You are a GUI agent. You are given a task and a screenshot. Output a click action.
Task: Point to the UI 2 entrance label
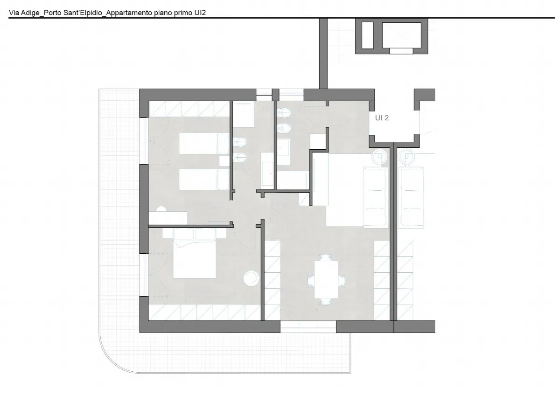382,118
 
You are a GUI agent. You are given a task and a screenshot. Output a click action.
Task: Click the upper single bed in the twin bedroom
204,143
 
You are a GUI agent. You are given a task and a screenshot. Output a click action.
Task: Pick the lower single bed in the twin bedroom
204,180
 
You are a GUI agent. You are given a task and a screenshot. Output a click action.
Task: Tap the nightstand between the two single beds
224,161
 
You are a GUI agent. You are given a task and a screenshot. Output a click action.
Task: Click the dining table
326,279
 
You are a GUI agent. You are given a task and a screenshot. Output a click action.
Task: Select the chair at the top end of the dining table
326,257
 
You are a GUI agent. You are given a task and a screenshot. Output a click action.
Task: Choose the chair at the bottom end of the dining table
326,302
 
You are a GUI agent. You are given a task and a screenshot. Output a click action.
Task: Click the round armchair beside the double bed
251,278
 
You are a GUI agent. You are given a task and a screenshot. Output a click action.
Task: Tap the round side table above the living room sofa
379,157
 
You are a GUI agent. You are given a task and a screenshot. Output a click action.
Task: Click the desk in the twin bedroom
168,218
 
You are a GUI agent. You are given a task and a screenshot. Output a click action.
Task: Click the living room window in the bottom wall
308,327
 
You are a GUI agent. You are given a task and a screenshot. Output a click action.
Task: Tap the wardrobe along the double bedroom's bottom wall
205,313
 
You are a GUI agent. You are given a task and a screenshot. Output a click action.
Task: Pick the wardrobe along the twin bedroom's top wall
189,109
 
